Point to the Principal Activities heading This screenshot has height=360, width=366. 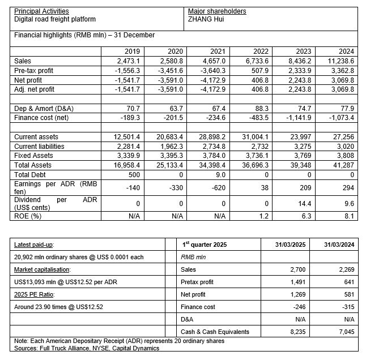[41, 11]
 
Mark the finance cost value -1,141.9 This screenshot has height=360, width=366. [298, 118]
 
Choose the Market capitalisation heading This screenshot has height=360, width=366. [41, 269]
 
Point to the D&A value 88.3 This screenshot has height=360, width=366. [261, 108]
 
